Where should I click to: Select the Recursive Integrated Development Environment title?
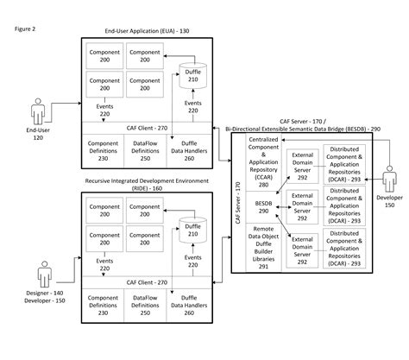(148, 183)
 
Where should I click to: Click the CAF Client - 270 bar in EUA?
(148, 128)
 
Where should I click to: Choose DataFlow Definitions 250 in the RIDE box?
(147, 304)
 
